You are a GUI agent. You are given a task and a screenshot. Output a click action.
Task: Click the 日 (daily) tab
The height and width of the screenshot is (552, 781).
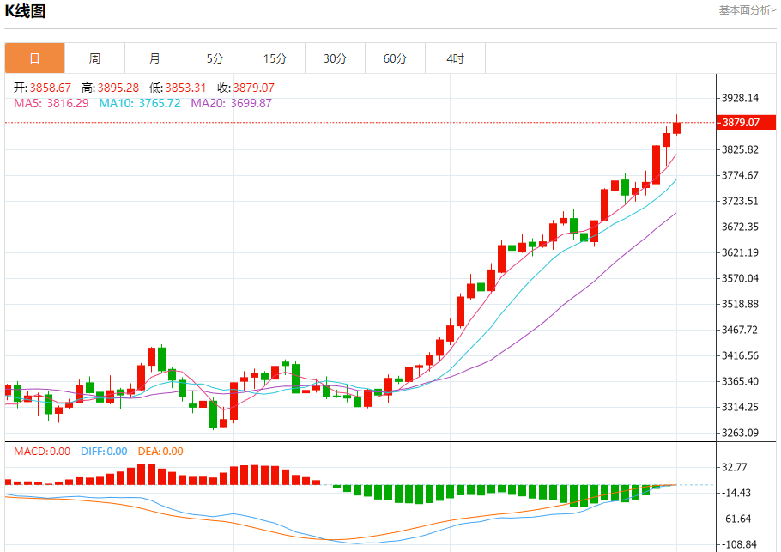coord(34,58)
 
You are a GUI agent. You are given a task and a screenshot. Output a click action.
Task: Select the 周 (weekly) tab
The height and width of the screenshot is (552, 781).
coord(94,58)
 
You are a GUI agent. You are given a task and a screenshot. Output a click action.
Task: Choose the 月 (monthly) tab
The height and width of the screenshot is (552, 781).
coord(154,58)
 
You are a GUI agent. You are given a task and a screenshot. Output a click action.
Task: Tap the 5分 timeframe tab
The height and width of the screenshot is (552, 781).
coord(215,58)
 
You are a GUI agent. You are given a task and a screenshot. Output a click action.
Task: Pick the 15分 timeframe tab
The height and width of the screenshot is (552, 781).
coord(275,58)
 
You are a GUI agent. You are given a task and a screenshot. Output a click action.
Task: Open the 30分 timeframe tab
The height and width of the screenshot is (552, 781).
coord(335,58)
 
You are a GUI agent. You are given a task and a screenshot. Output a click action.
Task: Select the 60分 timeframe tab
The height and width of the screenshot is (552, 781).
coord(395,58)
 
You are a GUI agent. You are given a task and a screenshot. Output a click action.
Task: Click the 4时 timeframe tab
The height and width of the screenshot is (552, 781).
coord(455,58)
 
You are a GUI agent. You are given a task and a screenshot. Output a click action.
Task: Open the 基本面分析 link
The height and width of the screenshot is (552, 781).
coord(747,10)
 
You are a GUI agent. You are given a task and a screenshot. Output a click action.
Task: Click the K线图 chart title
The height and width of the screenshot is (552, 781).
coord(26,11)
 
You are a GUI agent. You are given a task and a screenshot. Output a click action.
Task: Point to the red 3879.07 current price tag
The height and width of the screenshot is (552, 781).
coord(741,123)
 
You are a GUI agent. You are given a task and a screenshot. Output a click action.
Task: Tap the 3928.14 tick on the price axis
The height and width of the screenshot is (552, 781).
coord(741,98)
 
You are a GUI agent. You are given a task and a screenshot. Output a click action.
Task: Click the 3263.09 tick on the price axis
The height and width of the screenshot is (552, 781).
coord(741,433)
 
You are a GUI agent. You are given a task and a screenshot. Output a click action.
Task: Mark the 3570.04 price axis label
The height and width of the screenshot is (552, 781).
coord(741,278)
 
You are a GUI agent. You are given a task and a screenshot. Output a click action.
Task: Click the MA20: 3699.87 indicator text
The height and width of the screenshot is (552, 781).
coord(231,103)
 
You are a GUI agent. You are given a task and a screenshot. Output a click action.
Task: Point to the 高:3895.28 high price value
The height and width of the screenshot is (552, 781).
coord(110,88)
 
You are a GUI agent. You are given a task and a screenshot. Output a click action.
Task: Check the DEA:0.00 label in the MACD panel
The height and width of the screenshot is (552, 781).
coord(161,451)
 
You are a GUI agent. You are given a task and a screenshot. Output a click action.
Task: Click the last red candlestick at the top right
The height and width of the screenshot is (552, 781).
coord(677,128)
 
